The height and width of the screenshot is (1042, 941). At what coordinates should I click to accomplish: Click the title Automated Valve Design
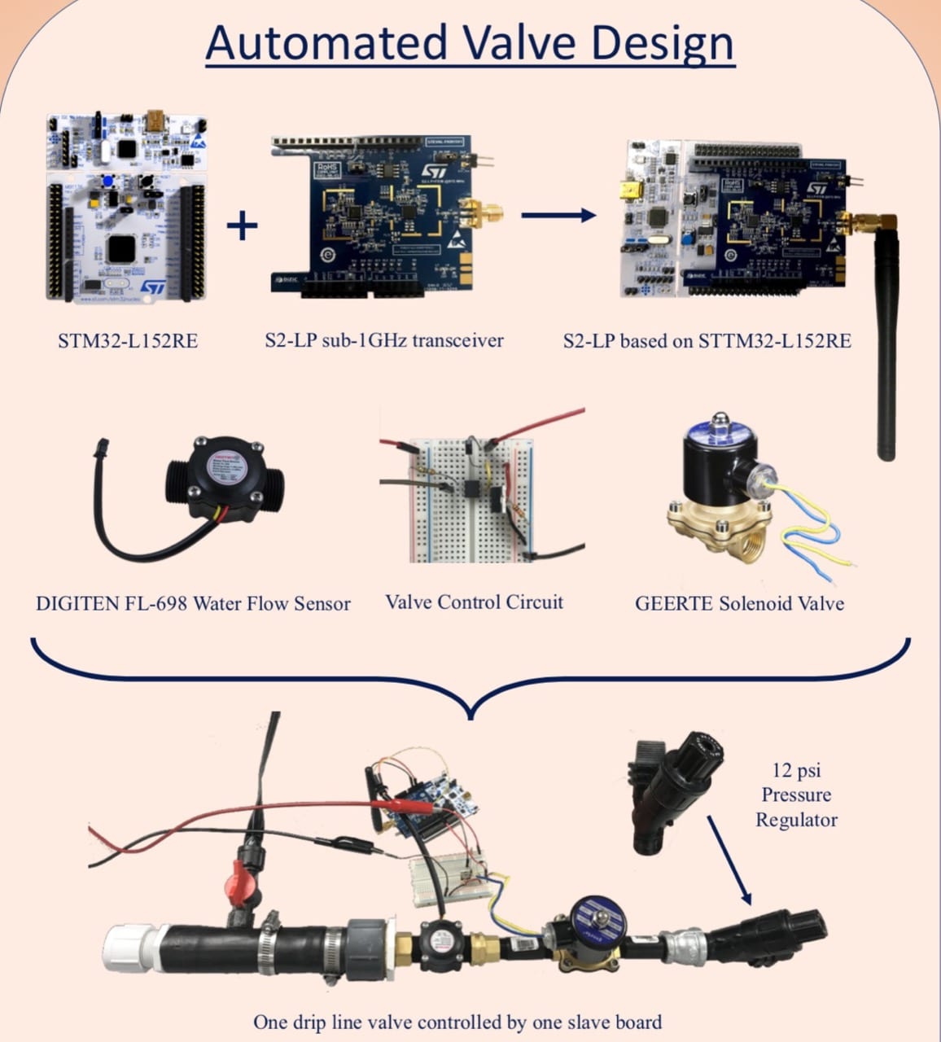[x=470, y=42]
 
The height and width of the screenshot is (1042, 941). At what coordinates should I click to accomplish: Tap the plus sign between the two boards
[x=242, y=225]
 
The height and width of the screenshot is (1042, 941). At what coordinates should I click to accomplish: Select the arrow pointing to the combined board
[x=558, y=216]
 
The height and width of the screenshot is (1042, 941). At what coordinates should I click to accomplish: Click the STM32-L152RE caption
[x=127, y=340]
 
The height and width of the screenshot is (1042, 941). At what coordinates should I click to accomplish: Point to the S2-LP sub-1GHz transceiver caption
[x=383, y=339]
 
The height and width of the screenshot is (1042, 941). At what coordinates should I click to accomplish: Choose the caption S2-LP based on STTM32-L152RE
[x=707, y=340]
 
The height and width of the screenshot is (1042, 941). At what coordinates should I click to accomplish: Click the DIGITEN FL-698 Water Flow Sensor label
[x=193, y=603]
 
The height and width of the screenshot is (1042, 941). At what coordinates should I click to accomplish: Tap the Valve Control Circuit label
[x=474, y=602]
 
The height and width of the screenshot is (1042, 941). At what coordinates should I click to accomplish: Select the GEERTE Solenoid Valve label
[x=739, y=603]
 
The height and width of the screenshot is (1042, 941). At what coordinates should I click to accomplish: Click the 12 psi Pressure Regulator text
[x=795, y=795]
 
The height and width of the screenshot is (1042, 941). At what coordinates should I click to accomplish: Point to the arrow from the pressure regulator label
[x=728, y=859]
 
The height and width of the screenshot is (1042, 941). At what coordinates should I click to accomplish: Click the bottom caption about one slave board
[x=457, y=1022]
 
